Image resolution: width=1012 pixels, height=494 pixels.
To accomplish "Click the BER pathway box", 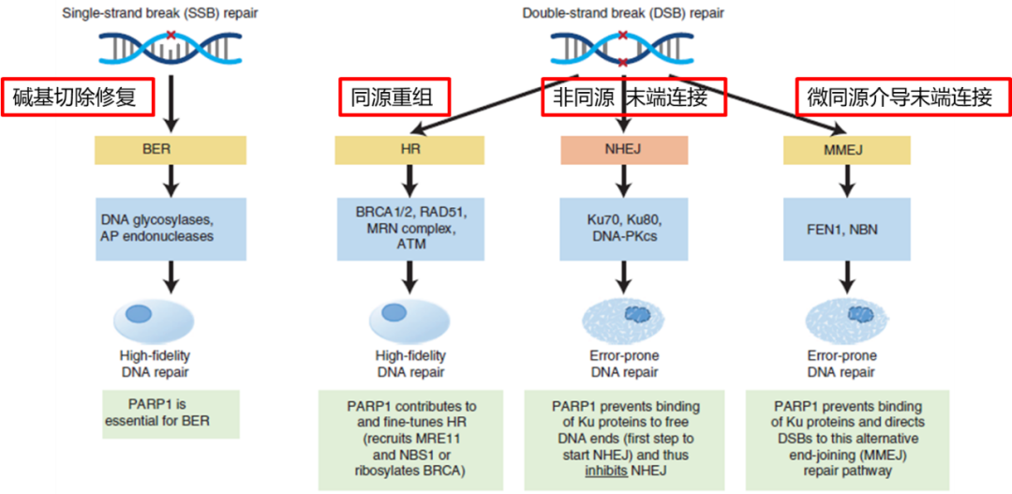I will tap(170, 150).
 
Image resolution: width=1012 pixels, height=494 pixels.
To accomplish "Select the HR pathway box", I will tap(409, 150).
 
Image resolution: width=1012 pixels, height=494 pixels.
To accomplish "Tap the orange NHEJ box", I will tap(624, 150).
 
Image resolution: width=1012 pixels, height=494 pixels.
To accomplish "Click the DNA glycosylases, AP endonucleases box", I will tap(170, 229).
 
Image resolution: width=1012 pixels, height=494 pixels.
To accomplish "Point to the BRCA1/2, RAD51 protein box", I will tap(409, 229).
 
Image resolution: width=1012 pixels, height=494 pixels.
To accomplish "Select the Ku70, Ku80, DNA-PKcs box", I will tap(624, 229).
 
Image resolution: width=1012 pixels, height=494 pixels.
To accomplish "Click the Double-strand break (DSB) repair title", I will tap(623, 13).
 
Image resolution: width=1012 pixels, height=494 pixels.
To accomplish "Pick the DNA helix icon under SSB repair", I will tap(170, 48).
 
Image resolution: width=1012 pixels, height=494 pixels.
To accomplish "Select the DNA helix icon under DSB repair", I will tap(623, 48).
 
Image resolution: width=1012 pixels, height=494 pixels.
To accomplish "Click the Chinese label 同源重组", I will tap(394, 97).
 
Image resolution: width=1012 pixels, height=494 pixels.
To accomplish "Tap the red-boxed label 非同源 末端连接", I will tap(634, 97).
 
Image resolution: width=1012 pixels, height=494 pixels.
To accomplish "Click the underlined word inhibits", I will tap(608, 471).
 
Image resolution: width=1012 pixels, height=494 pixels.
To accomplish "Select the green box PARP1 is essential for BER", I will tap(171, 413).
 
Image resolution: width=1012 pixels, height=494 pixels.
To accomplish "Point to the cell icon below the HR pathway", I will tap(409, 317).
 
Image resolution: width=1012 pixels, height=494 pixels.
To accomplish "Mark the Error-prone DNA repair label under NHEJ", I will tap(624, 364).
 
